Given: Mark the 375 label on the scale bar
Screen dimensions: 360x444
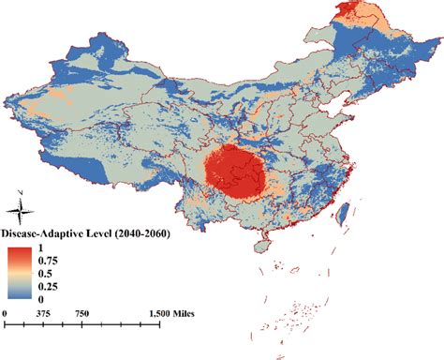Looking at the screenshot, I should [x=42, y=313].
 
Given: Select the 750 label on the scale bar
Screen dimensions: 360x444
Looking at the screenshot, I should [x=81, y=313].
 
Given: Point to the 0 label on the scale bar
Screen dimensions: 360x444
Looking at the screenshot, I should [x=6, y=313].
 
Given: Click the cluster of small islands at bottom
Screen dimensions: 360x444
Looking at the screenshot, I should [x=304, y=309].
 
